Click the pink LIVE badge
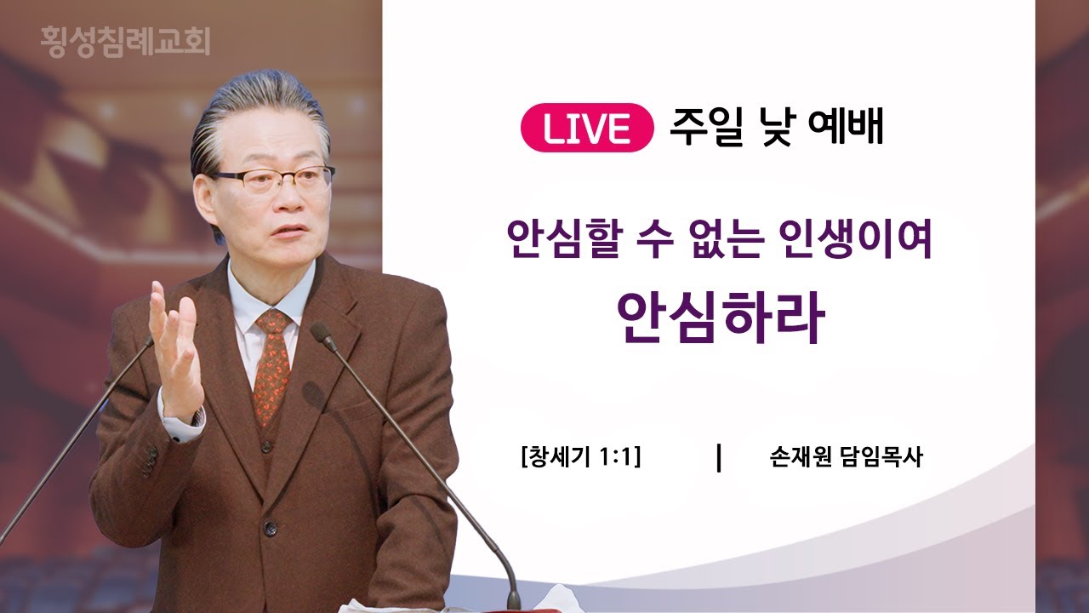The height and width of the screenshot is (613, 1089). (587, 128)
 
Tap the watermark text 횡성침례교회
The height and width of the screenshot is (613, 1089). (125, 42)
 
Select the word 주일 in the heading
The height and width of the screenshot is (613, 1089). (707, 127)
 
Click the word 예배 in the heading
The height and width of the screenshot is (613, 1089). (847, 127)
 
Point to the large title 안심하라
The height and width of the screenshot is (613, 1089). (721, 318)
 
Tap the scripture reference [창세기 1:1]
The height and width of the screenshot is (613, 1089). (581, 457)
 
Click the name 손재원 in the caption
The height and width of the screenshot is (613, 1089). (801, 457)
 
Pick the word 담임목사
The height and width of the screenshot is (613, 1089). (881, 457)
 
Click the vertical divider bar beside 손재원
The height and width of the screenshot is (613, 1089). (719, 457)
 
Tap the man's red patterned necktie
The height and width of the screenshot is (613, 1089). (272, 366)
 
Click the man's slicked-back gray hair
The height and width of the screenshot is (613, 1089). (258, 117)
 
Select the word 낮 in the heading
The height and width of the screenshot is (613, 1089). (777, 127)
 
